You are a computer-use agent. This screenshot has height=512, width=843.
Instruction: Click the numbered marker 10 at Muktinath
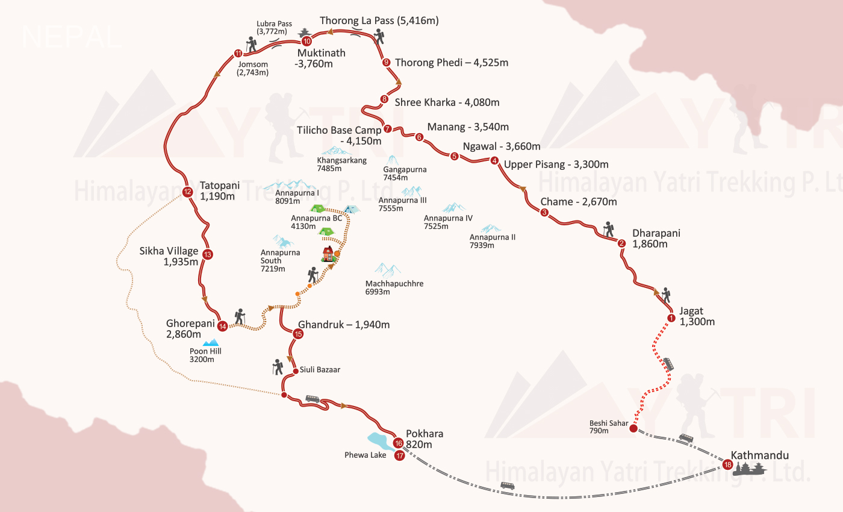(306, 42)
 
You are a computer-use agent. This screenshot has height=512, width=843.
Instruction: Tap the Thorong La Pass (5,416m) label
(379, 20)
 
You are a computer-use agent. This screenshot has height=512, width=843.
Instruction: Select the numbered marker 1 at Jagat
(671, 318)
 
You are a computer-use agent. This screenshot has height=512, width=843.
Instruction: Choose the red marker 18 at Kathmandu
(727, 464)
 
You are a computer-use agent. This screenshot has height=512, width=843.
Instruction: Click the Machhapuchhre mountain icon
(388, 269)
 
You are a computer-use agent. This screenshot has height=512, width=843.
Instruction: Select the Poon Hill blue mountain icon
(210, 342)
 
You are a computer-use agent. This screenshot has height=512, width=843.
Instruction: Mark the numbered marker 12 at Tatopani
(187, 193)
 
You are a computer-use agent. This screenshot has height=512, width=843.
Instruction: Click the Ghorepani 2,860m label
(191, 329)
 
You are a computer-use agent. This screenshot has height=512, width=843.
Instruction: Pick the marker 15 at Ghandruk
(298, 334)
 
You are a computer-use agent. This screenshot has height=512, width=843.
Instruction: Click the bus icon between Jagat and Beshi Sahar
(668, 364)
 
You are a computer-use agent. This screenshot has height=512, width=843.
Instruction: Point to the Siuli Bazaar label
(320, 370)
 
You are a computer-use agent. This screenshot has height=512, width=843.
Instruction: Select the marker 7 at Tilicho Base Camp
(387, 129)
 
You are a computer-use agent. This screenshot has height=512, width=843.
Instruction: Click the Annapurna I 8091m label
(297, 197)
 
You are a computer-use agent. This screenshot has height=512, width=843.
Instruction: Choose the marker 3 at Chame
(544, 213)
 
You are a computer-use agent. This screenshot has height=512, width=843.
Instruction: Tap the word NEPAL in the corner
(71, 37)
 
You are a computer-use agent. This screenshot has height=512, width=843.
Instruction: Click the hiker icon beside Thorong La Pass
(378, 37)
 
